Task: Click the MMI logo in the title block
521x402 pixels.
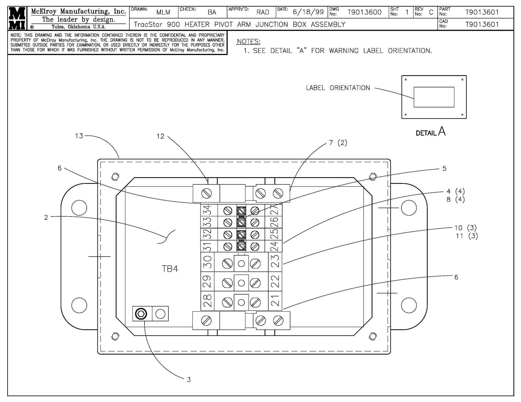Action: pyautogui.click(x=17, y=18)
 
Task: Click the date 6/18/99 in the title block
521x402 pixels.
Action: pyautogui.click(x=308, y=12)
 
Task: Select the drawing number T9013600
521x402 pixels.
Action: pyautogui.click(x=364, y=12)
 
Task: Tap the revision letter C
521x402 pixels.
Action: pyautogui.click(x=431, y=12)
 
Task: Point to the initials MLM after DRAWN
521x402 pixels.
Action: pyautogui.click(x=163, y=12)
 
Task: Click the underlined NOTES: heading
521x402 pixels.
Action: pyautogui.click(x=248, y=42)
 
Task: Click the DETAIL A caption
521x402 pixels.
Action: pyautogui.click(x=431, y=132)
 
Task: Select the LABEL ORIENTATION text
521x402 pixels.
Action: pyautogui.click(x=338, y=88)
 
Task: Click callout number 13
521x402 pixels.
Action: pyautogui.click(x=79, y=136)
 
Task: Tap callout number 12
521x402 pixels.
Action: pyautogui.click(x=160, y=137)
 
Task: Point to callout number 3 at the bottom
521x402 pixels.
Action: pyautogui.click(x=189, y=380)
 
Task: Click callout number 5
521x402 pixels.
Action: pyautogui.click(x=444, y=169)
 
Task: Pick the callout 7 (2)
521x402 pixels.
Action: pyautogui.click(x=338, y=143)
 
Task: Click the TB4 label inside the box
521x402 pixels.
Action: pyautogui.click(x=170, y=269)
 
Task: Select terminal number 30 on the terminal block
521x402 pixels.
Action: pyautogui.click(x=208, y=262)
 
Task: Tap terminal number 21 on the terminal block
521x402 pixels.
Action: pyautogui.click(x=275, y=301)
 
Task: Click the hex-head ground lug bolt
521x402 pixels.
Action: pyautogui.click(x=141, y=314)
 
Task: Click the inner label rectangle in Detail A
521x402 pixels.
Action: pyautogui.click(x=434, y=97)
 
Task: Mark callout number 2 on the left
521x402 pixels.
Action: pyautogui.click(x=46, y=218)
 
